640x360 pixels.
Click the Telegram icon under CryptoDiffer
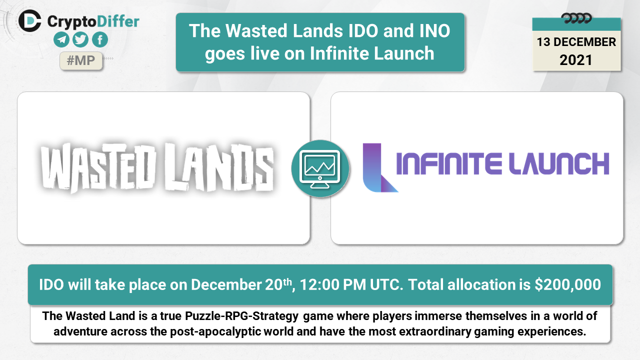point(61,39)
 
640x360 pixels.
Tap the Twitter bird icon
point(80,39)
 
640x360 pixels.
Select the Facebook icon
point(100,39)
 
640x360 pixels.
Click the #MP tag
point(81,60)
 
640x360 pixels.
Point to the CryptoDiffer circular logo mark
point(29,21)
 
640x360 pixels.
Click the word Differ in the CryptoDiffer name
point(118,21)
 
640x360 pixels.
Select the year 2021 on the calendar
point(576,60)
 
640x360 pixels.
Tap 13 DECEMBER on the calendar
point(576,42)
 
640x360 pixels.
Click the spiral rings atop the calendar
point(576,19)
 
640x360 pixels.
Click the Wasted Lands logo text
point(157,167)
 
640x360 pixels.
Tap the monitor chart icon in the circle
point(320,168)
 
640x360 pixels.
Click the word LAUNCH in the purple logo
point(559,163)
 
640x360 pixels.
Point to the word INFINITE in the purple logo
point(449,163)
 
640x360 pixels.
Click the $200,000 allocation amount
point(567,284)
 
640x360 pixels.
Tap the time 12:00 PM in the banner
point(333,284)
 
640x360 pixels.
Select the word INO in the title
point(434,30)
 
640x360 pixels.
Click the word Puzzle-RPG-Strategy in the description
point(241,316)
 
